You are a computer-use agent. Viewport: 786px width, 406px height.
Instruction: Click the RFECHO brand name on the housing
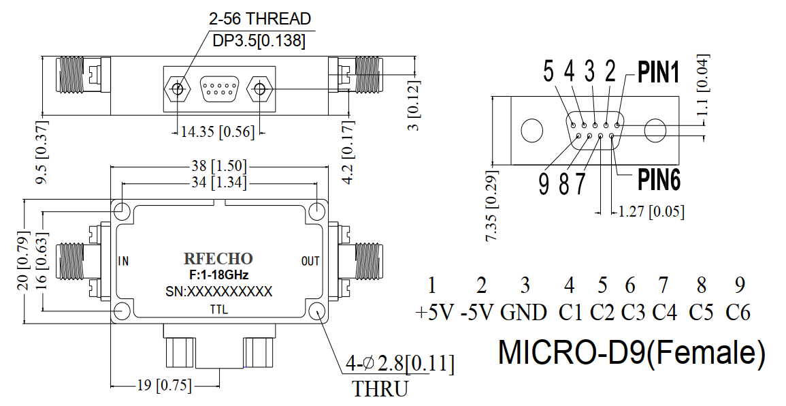(x=218, y=258)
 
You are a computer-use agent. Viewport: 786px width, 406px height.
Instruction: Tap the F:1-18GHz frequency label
(x=218, y=275)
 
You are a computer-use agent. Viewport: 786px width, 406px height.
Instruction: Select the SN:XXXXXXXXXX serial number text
(x=218, y=292)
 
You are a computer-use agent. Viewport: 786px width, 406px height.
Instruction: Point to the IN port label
(x=123, y=261)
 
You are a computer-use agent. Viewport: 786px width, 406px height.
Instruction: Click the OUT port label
(x=310, y=261)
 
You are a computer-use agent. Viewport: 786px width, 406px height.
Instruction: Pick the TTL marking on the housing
(x=219, y=310)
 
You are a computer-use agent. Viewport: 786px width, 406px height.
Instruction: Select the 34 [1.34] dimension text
(x=219, y=183)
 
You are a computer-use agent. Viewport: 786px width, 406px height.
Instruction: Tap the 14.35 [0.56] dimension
(x=218, y=132)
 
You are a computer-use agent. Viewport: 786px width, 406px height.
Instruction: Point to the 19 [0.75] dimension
(x=165, y=386)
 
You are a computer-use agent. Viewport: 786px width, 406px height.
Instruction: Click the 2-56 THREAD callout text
(x=260, y=18)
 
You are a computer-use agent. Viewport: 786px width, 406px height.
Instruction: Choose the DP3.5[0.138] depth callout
(x=259, y=41)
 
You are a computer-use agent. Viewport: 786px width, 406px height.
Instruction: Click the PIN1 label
(x=659, y=72)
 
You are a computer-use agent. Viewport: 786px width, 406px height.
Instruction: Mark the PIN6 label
(x=659, y=180)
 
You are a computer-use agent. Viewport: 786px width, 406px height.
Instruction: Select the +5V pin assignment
(x=434, y=313)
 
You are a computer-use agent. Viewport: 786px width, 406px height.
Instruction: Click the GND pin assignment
(x=523, y=313)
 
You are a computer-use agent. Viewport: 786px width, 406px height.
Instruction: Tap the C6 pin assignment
(x=738, y=313)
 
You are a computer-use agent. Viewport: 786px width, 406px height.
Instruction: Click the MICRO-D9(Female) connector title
(x=632, y=352)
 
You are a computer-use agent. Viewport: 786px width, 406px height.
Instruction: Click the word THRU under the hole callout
(x=380, y=389)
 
